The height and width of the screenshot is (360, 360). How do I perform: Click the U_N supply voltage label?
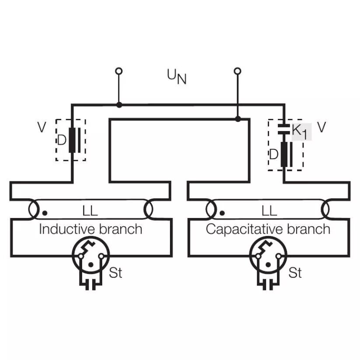177,77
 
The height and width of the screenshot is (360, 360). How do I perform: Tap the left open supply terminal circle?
119,71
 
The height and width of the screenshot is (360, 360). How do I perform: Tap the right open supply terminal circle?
237,71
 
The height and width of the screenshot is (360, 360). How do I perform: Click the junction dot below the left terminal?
119,105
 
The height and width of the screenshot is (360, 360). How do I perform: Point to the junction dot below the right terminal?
238,119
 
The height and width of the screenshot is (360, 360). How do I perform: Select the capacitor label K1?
300,132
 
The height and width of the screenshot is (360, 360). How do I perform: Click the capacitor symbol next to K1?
284,129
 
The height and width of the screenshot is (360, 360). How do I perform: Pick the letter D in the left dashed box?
62,140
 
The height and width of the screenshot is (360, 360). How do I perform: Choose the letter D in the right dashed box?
273,154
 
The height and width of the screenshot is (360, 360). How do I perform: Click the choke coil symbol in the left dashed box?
75,140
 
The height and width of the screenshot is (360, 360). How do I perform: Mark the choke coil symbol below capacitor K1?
287,154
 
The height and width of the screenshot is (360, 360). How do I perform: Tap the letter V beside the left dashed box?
42,127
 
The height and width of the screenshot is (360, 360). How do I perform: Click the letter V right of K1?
322,127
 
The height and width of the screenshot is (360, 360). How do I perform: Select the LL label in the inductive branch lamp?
90,211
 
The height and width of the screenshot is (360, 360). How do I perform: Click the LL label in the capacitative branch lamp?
269,211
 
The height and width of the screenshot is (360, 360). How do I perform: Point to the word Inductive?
66,229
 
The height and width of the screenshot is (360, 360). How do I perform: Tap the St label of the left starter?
115,273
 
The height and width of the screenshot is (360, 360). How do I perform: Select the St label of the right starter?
295,273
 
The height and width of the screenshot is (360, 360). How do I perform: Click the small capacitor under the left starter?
90,285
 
